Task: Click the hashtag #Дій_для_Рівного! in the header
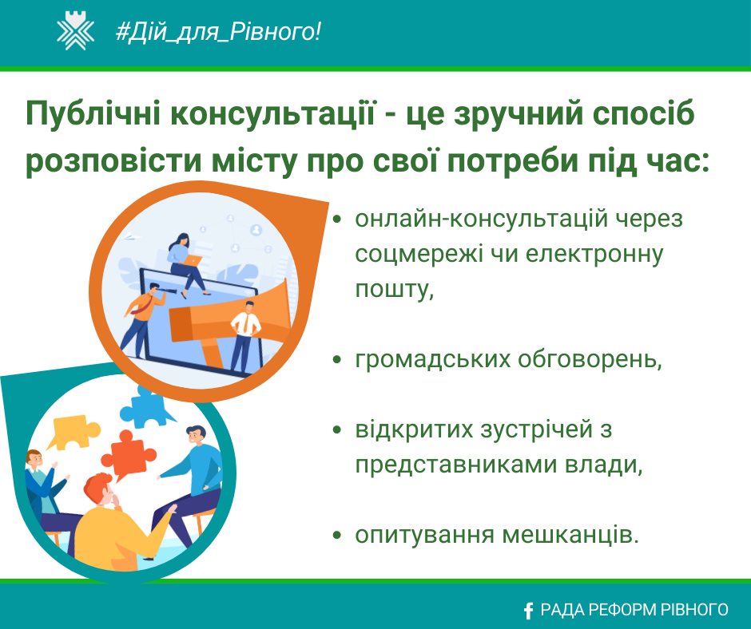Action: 218,32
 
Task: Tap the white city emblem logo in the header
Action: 75,32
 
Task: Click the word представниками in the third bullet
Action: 456,465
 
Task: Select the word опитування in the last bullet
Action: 424,536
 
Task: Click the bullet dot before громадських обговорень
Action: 337,359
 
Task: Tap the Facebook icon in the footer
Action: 528,611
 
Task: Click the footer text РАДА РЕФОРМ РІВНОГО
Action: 634,610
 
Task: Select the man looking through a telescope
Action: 143,319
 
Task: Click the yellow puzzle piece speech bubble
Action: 74,432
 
